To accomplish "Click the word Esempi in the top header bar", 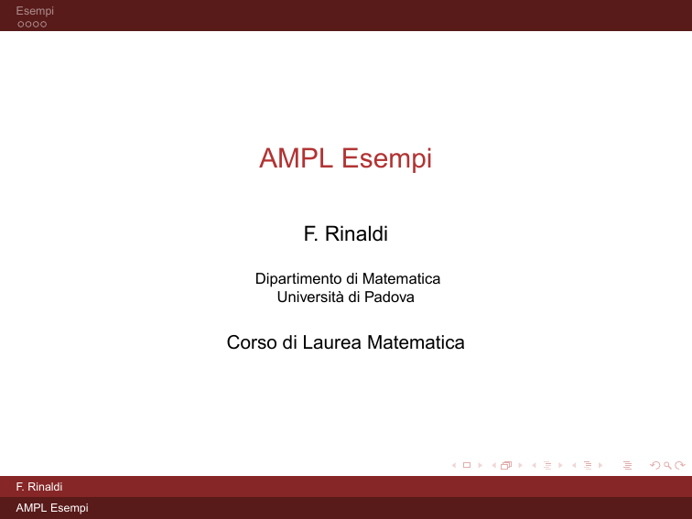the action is click(x=35, y=11).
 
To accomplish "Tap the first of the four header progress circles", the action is click(x=21, y=25).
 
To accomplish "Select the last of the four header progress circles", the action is click(x=43, y=25).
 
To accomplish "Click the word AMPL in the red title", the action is click(x=296, y=158).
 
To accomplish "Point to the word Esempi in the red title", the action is click(x=386, y=159).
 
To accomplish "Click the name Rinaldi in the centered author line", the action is click(x=356, y=234).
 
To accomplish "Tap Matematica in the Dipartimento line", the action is click(x=401, y=279).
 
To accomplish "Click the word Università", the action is click(x=310, y=297).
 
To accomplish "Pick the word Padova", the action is click(x=389, y=297).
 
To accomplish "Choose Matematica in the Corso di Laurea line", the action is click(x=416, y=342).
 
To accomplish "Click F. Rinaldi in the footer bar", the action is click(x=39, y=487).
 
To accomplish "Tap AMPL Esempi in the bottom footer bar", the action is click(x=52, y=508).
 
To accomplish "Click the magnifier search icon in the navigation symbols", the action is click(x=667, y=465).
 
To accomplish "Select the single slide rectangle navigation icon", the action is click(x=467, y=465).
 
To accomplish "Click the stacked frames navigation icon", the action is click(x=506, y=465).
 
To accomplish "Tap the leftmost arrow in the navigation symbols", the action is click(x=454, y=465).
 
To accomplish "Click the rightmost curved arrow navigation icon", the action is click(x=680, y=465).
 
